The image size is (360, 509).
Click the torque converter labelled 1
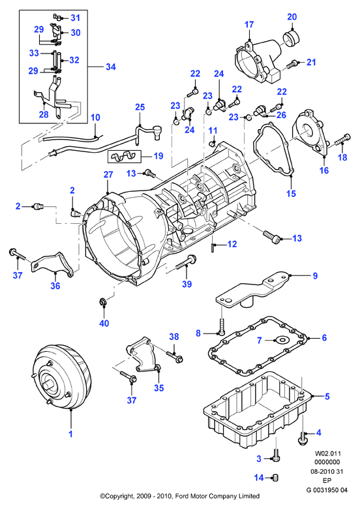coord(61,377)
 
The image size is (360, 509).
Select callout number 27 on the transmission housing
coord(108,174)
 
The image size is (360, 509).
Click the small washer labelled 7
coord(281,340)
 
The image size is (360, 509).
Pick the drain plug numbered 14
coord(275,478)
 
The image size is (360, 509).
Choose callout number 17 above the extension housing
coord(249,25)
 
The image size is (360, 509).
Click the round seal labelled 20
coord(290,38)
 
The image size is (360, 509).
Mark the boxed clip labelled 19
coord(125,157)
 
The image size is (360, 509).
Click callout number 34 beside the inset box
coord(111,67)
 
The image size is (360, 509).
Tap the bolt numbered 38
coord(174,356)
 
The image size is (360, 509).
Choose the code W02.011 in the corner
coord(328,453)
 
